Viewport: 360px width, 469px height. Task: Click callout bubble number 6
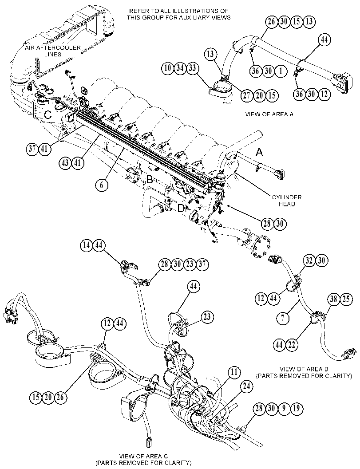[102, 185]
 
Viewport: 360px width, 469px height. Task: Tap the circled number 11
[234, 372]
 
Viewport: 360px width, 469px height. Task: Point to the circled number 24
[246, 386]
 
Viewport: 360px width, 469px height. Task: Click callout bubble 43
[65, 163]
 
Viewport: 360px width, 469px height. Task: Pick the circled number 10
[168, 68]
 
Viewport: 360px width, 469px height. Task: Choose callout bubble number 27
[247, 95]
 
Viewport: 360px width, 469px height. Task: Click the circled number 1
[281, 71]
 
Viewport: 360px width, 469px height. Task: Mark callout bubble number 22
[291, 345]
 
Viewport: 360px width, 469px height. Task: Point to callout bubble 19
[296, 408]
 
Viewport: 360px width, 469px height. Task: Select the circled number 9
[284, 408]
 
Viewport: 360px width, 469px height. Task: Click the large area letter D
[181, 209]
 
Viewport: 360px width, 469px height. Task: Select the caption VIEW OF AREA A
[269, 114]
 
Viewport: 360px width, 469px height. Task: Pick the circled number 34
[180, 68]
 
